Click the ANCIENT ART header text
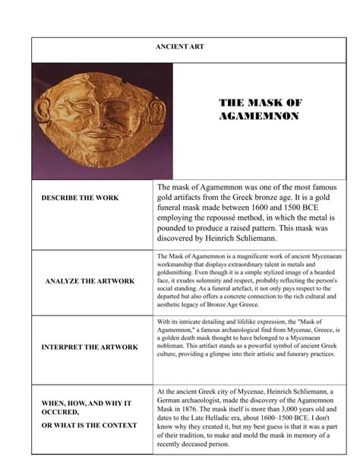[x=179, y=47]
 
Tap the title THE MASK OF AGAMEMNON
[x=260, y=109]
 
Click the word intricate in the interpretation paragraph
[x=191, y=323]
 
